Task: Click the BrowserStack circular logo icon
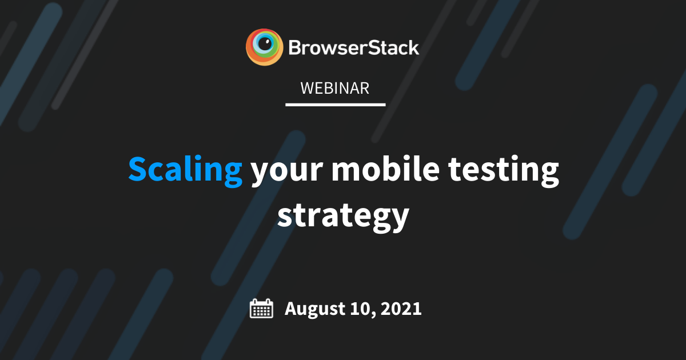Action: [x=264, y=47]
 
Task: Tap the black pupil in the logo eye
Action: [x=264, y=44]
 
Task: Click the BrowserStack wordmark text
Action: [x=354, y=48]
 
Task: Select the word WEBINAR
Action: [x=335, y=88]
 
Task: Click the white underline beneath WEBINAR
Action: [x=336, y=105]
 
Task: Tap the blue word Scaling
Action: [x=185, y=171]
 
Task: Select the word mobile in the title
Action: [x=385, y=169]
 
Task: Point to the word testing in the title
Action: [x=504, y=171]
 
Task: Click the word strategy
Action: [x=344, y=217]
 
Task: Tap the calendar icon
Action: [x=262, y=309]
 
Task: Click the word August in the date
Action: [x=315, y=309]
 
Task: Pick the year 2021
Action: [x=401, y=308]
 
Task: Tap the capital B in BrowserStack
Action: [x=294, y=48]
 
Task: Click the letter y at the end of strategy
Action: [x=400, y=220]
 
